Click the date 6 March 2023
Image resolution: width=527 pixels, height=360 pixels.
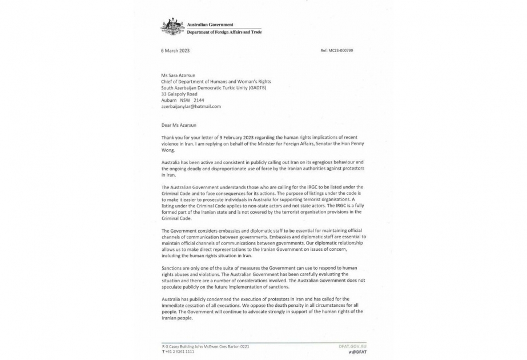[175, 51]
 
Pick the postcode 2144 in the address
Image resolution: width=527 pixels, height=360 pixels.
[199, 100]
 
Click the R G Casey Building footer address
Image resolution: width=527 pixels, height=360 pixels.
[206, 346]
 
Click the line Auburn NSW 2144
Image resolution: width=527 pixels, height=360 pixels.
[179, 100]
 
